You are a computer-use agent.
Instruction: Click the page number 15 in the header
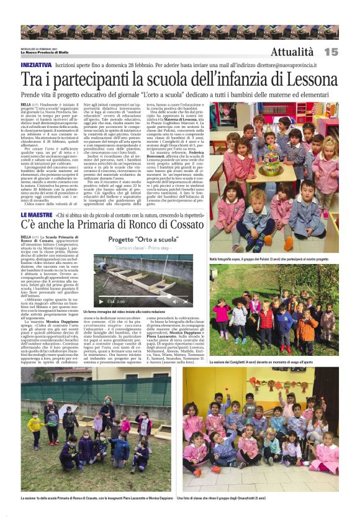pos(330,52)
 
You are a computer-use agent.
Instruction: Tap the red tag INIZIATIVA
pos(36,65)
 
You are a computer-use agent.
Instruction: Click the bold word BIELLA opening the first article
pos(26,105)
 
